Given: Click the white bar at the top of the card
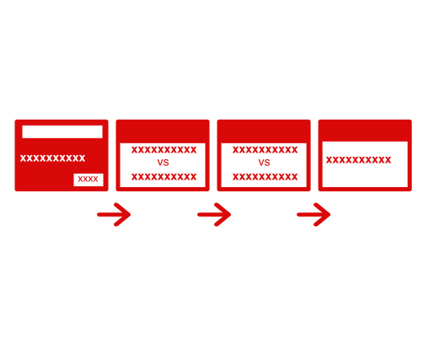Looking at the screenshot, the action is tap(62, 132).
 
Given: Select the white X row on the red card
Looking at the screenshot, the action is tap(52, 159).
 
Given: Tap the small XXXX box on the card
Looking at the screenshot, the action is tap(88, 180).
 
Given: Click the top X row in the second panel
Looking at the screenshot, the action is tap(164, 150).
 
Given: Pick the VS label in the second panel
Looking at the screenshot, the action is tap(163, 163).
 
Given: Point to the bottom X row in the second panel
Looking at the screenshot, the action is tap(164, 177).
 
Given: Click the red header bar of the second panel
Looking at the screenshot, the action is tap(163, 132).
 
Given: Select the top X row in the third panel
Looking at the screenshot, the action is tap(265, 150).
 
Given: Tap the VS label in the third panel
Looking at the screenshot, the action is tap(264, 163).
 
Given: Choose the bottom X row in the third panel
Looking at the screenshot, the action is tap(265, 177).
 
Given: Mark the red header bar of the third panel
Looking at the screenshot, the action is tap(264, 132).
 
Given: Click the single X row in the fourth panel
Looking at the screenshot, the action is tap(358, 160).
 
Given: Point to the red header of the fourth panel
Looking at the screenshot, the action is tap(365, 131).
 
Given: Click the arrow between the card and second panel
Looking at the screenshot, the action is tap(114, 214).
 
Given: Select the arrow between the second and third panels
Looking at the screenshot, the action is tap(214, 214).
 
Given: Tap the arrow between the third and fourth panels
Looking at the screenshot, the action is tap(313, 214).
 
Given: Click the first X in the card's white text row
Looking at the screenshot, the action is tap(24, 159).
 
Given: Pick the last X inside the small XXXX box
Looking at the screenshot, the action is tap(95, 179).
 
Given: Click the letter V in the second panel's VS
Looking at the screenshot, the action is tap(160, 163).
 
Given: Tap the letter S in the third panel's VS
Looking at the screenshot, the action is tap(267, 163).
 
